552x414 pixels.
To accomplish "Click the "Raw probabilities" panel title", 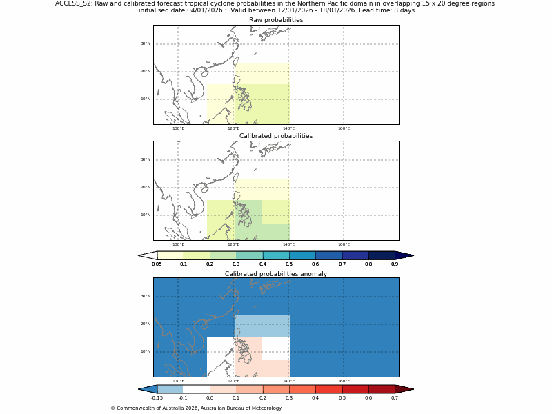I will click(x=276, y=20).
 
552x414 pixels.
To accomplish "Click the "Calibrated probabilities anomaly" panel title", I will click(x=276, y=274).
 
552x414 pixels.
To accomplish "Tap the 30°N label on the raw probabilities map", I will click(x=146, y=43).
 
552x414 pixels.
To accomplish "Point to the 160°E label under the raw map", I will click(x=344, y=128).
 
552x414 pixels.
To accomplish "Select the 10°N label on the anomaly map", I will click(x=146, y=351).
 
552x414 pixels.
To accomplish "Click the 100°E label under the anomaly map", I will click(x=178, y=381).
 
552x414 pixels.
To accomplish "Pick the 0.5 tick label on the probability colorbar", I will click(x=289, y=264).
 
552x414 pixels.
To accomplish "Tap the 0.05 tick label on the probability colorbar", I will click(x=157, y=264).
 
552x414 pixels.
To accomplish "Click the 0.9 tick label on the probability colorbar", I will click(x=395, y=264).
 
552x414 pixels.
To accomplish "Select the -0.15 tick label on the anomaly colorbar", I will click(x=157, y=398).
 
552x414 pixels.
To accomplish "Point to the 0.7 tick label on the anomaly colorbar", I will click(x=395, y=398).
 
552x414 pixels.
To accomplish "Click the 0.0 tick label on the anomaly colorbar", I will click(x=210, y=398).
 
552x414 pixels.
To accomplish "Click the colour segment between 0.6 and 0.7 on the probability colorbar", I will click(x=328, y=255).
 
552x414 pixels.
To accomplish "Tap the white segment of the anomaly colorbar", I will click(x=197, y=389).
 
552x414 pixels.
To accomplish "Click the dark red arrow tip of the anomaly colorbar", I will click(x=404, y=389).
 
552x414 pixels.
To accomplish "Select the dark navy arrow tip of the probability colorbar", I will click(x=404, y=255).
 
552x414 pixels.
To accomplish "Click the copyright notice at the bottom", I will click(x=196, y=408).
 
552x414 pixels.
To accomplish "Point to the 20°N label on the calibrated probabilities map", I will click(x=146, y=187).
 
